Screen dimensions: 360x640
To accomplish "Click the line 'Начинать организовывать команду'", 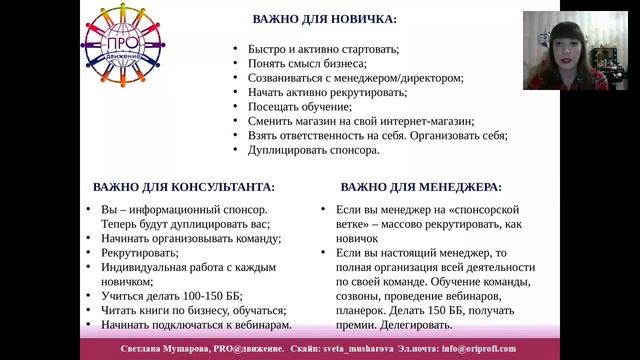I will point(191,239).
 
